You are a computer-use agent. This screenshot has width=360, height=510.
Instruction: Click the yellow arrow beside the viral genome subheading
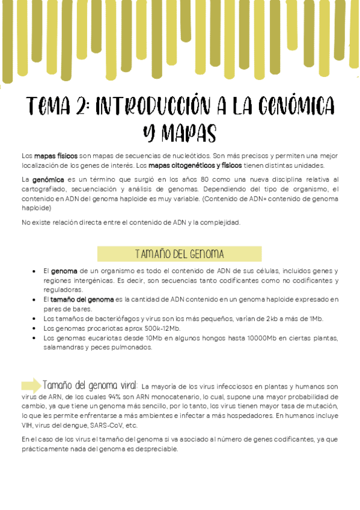(x=31, y=385)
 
